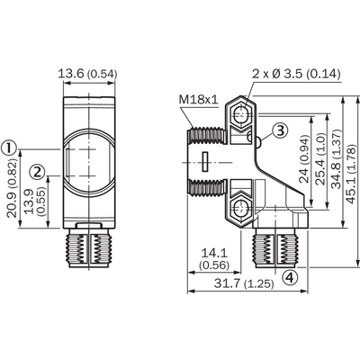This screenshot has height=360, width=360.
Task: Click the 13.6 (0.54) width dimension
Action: tap(87, 74)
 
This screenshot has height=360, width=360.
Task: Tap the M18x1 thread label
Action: tap(198, 99)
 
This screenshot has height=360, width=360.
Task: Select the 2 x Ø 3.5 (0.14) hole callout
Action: tap(296, 74)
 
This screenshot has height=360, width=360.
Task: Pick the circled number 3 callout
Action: tap(280, 130)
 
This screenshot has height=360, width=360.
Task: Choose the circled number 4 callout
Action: tap(290, 277)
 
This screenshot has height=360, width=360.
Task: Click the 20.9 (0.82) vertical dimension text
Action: tap(12, 188)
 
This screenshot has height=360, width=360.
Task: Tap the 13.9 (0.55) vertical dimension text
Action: tap(34, 201)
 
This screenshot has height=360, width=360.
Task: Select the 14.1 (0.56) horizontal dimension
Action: tap(214, 259)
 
